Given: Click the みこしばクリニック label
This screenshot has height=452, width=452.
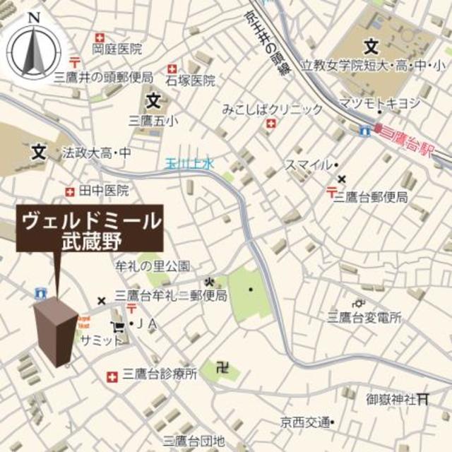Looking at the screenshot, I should pyautogui.click(x=272, y=109).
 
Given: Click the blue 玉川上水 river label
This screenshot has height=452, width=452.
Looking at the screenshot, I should pyautogui.click(x=189, y=163).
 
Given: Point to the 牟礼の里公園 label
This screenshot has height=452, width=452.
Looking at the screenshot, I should pyautogui.click(x=153, y=266).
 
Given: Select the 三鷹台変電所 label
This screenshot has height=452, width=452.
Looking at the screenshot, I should pyautogui.click(x=364, y=317).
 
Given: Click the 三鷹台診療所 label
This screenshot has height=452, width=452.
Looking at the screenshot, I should pyautogui.click(x=160, y=375).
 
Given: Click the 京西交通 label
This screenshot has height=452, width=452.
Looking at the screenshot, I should pyautogui.click(x=304, y=423).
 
